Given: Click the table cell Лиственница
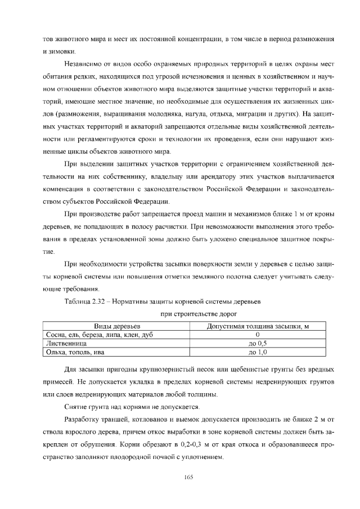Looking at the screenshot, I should tap(66, 343).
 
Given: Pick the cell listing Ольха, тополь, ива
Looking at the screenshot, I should tap(75, 352).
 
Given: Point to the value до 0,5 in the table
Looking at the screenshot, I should tap(257, 343).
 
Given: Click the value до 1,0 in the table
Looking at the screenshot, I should tap(257, 352).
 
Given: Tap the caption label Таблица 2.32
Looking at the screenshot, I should tap(85, 302).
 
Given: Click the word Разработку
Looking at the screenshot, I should tap(84, 420).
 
